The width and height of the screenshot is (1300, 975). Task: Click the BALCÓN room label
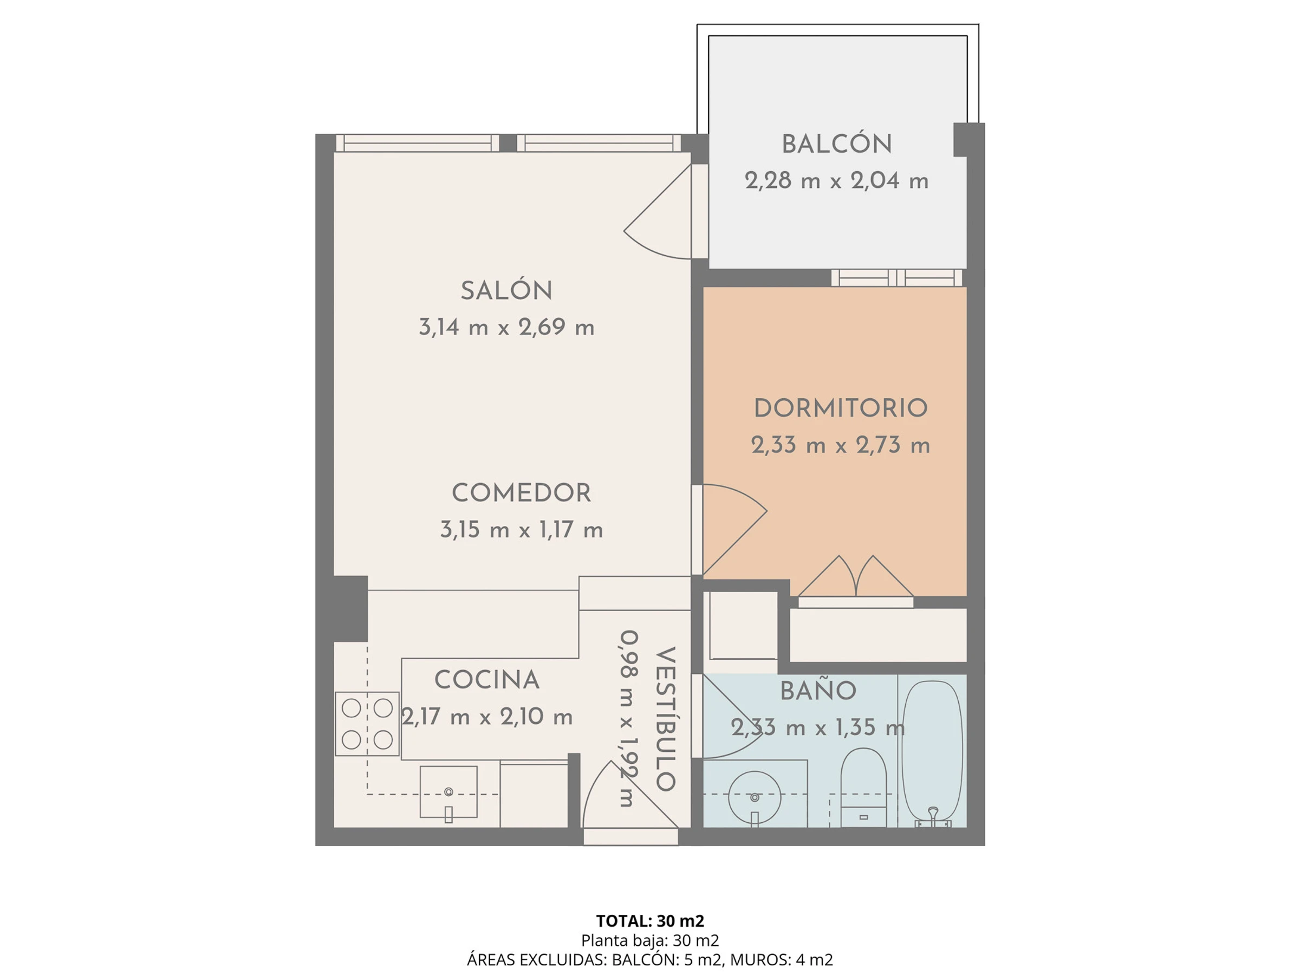(836, 144)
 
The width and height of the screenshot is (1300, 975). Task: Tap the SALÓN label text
(506, 290)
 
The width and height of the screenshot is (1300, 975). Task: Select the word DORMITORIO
(841, 408)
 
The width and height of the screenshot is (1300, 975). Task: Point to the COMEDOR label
(521, 493)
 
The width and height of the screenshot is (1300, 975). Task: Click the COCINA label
(486, 680)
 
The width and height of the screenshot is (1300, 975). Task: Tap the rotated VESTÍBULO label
(665, 719)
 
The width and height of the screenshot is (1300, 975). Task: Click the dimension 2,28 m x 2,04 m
(836, 180)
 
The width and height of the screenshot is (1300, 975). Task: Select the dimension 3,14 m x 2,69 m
(506, 327)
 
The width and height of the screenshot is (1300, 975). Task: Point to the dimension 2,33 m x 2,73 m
(841, 445)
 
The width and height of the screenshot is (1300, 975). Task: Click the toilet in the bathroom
(863, 788)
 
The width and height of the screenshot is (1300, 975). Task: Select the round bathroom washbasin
(755, 797)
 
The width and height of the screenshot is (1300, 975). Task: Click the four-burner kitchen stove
(367, 724)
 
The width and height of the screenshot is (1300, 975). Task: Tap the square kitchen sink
(448, 791)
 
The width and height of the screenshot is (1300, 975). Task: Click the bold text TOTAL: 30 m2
(650, 920)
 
